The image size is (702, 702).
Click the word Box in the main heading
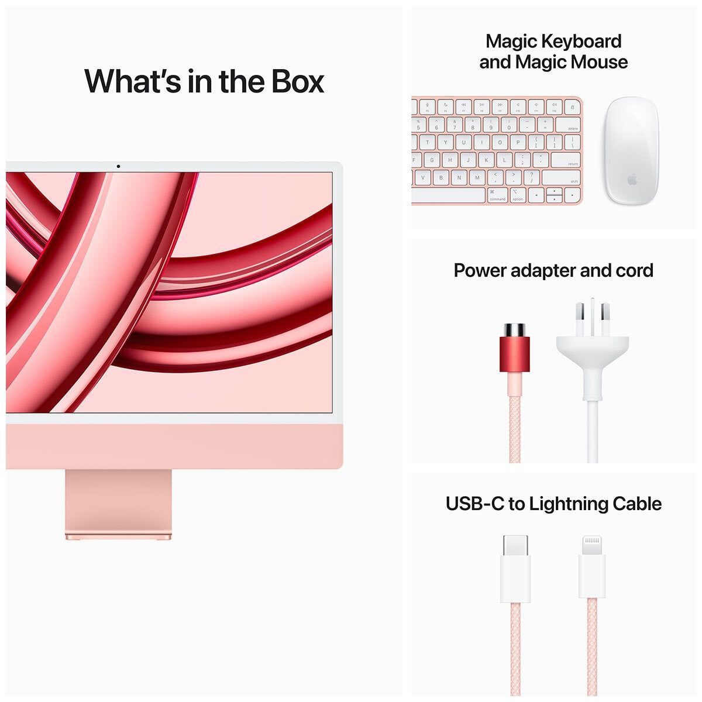[297, 81]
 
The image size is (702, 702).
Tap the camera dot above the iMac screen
[118, 166]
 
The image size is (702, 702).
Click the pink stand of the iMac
[118, 503]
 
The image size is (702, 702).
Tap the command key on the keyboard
[497, 195]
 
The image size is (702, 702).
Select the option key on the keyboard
[518, 195]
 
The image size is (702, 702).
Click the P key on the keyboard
[518, 142]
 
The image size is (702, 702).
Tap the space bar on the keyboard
[448, 195]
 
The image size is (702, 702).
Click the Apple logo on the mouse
[632, 180]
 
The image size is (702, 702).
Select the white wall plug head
[592, 345]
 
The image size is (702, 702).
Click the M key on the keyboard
[477, 178]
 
